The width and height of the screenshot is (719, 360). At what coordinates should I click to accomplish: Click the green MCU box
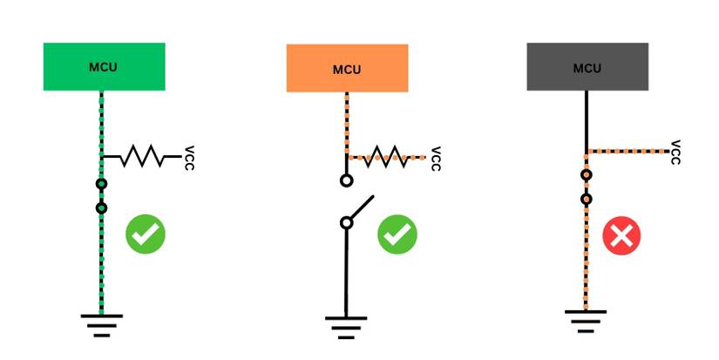pyautogui.click(x=104, y=66)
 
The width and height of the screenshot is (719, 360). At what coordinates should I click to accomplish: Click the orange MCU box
pyautogui.click(x=347, y=68)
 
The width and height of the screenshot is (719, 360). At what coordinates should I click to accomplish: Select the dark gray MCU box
pyautogui.click(x=587, y=66)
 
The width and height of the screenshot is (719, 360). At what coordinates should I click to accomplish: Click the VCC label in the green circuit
pyautogui.click(x=190, y=157)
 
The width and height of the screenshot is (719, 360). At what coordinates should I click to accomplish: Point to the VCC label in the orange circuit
pyautogui.click(x=435, y=158)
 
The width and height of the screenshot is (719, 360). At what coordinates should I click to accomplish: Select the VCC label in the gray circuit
pyautogui.click(x=675, y=152)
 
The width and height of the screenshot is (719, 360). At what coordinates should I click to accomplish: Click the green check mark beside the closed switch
pyautogui.click(x=145, y=234)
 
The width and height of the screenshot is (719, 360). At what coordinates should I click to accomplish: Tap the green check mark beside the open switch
pyautogui.click(x=397, y=234)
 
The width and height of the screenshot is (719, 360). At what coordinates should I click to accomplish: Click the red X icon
pyautogui.click(x=621, y=234)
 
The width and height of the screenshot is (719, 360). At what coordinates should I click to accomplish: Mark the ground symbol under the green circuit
pyautogui.click(x=101, y=323)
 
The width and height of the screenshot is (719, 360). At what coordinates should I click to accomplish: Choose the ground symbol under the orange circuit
pyautogui.click(x=346, y=324)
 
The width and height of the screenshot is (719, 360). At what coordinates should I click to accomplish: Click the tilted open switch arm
pyautogui.click(x=361, y=210)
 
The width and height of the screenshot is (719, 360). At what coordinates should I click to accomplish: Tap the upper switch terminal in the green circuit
pyautogui.click(x=102, y=184)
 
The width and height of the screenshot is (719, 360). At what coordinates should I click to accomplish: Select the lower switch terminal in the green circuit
pyautogui.click(x=102, y=207)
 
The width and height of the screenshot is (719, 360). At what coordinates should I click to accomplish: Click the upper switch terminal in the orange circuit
pyautogui.click(x=346, y=181)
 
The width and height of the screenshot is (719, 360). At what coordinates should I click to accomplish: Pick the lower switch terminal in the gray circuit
pyautogui.click(x=587, y=199)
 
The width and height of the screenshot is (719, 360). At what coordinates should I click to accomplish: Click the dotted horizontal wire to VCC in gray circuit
pyautogui.click(x=627, y=152)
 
